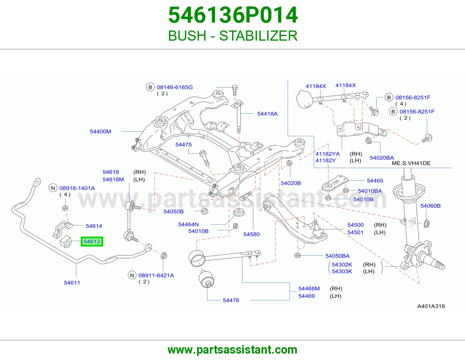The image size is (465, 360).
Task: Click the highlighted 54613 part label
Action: click(x=92, y=241)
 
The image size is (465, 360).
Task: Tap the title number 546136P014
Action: click(x=233, y=15)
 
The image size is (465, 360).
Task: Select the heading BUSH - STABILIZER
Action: click(x=233, y=36)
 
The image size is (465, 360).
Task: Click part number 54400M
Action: click(x=100, y=132)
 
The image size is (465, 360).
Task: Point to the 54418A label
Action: click(x=267, y=114)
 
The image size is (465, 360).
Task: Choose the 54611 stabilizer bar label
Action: click(x=72, y=282)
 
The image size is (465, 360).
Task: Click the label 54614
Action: click(x=94, y=226)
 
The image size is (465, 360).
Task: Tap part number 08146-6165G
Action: click(x=175, y=87)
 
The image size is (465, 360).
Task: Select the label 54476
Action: click(x=231, y=300)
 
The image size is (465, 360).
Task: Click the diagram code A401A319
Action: click(x=431, y=306)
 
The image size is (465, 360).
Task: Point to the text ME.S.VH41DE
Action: click(x=411, y=163)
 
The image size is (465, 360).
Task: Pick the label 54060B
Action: click(x=430, y=206)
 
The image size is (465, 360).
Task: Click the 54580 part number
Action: click(x=251, y=234)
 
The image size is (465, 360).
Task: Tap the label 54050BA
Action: click(x=337, y=256)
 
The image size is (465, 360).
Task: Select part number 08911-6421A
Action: click(x=156, y=275)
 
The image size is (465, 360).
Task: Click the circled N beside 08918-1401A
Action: click(x=53, y=188)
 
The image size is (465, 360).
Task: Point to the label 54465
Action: click(x=375, y=181)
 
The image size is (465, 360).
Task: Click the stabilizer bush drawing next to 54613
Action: click(x=65, y=242)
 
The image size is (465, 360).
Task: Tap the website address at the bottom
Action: click(x=233, y=350)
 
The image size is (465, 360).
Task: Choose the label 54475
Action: click(x=183, y=145)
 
